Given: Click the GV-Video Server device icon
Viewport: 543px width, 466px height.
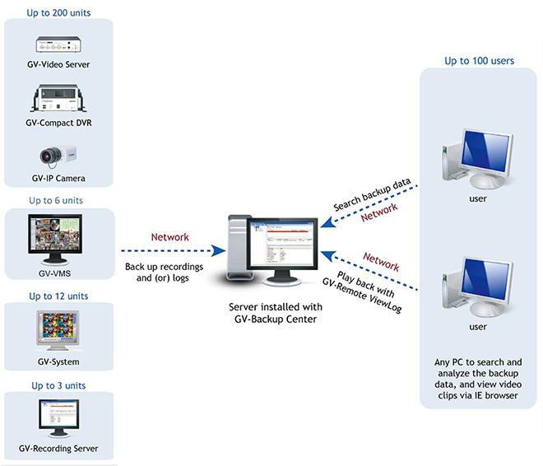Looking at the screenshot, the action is (58, 44).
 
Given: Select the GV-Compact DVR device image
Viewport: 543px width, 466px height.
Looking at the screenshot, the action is (58, 98).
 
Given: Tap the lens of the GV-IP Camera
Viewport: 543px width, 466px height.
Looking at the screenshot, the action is (47, 156).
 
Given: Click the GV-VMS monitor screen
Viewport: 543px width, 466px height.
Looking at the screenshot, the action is (55, 234).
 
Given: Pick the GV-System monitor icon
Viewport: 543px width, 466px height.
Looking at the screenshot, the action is (58, 330).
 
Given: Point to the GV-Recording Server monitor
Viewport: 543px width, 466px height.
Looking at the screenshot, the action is (59, 418).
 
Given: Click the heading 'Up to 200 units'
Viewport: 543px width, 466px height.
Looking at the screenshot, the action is (58, 13).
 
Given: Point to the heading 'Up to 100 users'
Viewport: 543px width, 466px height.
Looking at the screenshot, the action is (480, 61).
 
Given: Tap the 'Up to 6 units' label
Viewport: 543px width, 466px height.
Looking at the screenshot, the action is (56, 201).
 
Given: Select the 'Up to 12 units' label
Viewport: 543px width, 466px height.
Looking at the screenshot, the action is (58, 296).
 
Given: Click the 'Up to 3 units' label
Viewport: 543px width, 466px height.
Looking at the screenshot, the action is (58, 385).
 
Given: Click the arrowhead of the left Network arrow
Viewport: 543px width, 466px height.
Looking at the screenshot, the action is (219, 250).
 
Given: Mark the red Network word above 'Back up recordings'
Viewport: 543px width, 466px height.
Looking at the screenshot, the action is (170, 237).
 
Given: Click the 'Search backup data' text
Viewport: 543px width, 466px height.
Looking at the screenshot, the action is (372, 194).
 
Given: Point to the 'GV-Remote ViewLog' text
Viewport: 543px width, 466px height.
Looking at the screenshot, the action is (362, 296).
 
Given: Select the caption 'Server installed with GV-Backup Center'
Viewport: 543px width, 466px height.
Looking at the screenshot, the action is (276, 313).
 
